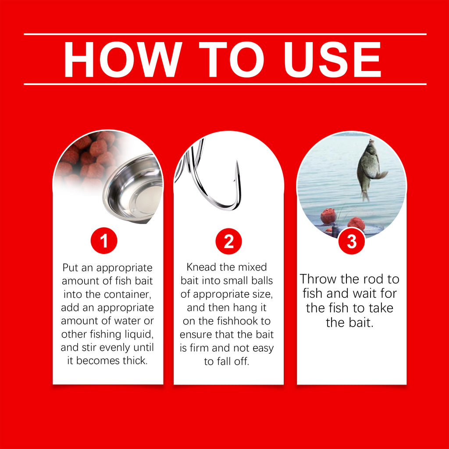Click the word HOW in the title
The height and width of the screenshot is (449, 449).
click(x=123, y=59)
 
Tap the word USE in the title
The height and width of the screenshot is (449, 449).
click(x=332, y=60)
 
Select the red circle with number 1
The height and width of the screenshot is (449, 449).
click(x=104, y=241)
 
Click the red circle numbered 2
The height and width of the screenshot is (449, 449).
click(x=228, y=241)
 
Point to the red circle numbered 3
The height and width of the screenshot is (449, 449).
click(x=351, y=241)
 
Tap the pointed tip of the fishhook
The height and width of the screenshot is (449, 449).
click(x=237, y=162)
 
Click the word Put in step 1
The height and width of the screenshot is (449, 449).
click(x=70, y=268)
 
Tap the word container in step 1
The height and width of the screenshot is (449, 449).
click(x=127, y=294)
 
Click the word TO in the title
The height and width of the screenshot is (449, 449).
click(x=232, y=60)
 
